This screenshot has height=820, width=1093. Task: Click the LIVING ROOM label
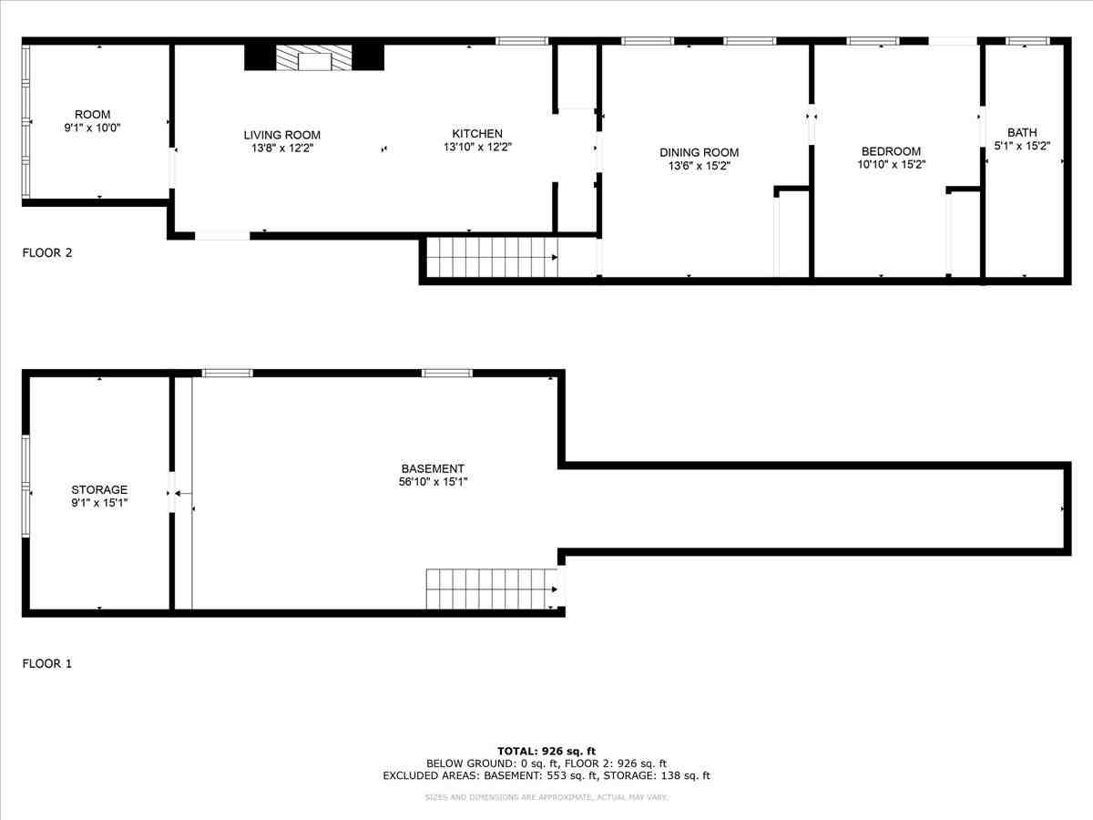(281, 135)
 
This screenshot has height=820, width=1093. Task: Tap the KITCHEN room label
(473, 134)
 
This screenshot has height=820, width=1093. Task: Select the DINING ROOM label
(700, 152)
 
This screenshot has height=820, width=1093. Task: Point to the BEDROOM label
(891, 151)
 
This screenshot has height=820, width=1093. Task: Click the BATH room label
(1022, 132)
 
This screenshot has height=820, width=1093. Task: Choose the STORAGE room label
(99, 489)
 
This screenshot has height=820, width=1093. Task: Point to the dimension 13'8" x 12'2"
(281, 148)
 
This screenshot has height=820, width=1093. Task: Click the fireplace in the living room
(314, 58)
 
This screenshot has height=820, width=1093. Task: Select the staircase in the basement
(492, 589)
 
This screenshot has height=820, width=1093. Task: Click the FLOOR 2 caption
(46, 253)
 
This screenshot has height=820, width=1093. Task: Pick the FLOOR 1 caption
(46, 663)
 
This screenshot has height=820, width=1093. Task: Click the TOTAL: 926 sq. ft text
(546, 751)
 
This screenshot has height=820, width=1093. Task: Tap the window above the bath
(1027, 41)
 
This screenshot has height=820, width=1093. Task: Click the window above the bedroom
(873, 41)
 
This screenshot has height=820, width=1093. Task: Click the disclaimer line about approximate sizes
(546, 797)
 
